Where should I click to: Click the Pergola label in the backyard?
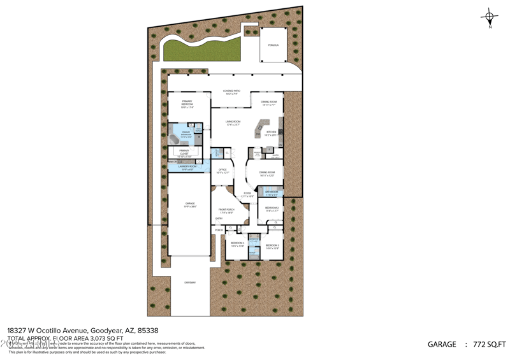click(273, 46)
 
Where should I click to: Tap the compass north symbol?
click(490, 18)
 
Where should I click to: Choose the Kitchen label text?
click(272, 133)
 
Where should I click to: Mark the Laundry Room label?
click(187, 168)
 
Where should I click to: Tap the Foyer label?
click(247, 194)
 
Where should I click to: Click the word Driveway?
click(190, 282)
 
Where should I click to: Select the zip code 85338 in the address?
click(147, 331)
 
